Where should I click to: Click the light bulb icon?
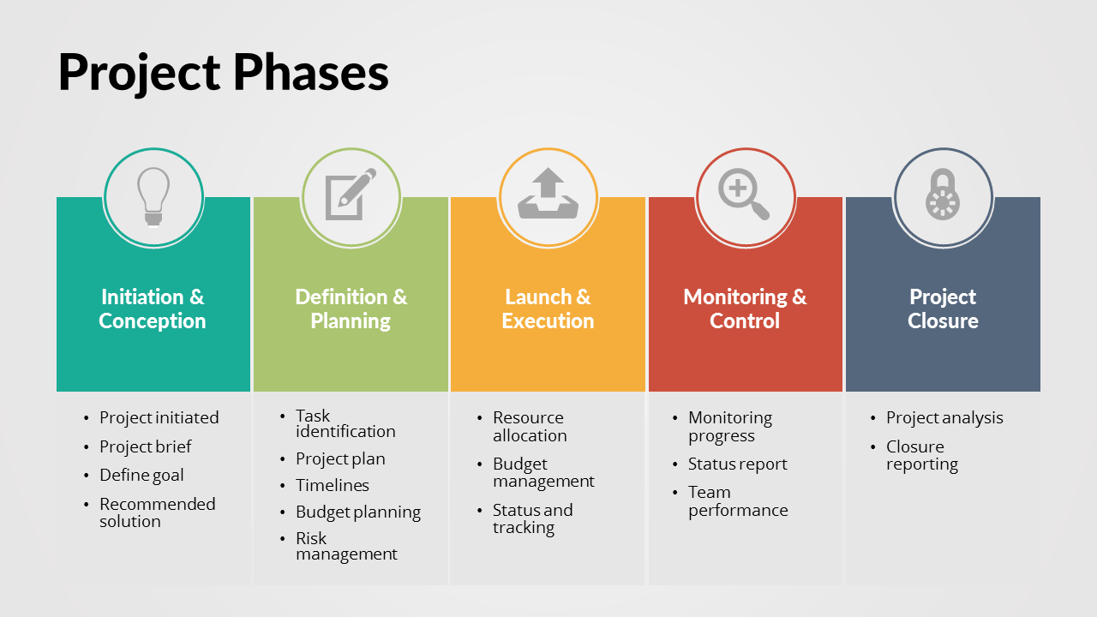click(153, 197)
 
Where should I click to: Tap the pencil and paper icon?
click(351, 195)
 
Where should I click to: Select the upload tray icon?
click(548, 194)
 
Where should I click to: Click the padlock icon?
click(942, 194)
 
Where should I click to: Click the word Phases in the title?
click(310, 73)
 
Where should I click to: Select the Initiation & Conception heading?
click(153, 309)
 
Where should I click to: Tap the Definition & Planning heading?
click(351, 309)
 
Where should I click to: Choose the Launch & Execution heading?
click(548, 309)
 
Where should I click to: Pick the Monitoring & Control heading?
click(745, 309)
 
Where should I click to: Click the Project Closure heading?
click(943, 309)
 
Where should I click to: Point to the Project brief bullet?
click(146, 446)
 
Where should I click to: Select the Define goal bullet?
click(141, 475)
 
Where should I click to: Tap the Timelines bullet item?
click(333, 485)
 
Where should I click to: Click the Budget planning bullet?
click(358, 512)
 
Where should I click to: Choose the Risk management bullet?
click(347, 546)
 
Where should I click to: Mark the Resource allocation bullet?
click(530, 427)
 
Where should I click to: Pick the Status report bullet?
click(738, 464)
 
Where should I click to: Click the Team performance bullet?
click(738, 501)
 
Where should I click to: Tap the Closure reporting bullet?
click(922, 455)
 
